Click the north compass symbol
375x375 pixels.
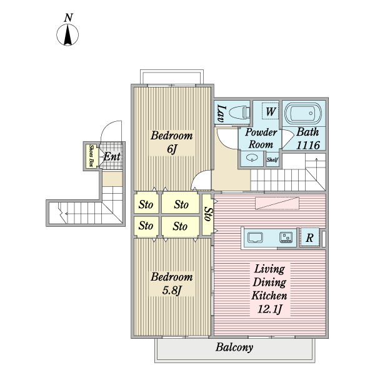point(67,31)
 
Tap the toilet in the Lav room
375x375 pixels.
point(239,112)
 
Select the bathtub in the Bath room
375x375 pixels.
point(303,113)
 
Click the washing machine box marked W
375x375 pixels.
point(270,111)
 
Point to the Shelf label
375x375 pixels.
point(272,159)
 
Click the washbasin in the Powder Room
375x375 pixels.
point(252,158)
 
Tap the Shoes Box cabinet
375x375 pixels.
point(91,156)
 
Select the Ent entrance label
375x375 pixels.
point(112,157)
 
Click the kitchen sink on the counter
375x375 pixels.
point(256,237)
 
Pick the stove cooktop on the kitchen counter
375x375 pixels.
point(286,237)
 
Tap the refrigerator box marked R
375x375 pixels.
point(310,237)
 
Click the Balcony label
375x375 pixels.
point(234,347)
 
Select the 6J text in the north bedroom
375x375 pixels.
point(172,149)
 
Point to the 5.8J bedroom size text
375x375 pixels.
point(172,291)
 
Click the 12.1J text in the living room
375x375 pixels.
point(269,309)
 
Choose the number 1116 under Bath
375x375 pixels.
point(307,145)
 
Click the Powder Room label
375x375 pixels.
point(261,138)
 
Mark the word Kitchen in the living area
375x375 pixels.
point(269,296)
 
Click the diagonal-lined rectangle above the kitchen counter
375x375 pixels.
point(277,203)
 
